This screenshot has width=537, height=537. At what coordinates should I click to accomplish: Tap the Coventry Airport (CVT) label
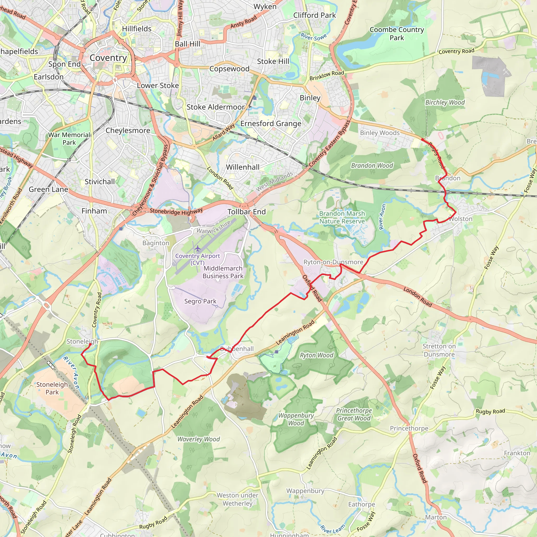click(197, 259)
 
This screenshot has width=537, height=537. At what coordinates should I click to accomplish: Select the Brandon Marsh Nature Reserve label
click(342, 217)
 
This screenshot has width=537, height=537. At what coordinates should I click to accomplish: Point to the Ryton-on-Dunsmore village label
click(333, 262)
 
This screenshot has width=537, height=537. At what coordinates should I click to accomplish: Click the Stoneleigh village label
click(82, 341)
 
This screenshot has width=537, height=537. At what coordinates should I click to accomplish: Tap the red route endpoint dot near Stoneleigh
click(90, 344)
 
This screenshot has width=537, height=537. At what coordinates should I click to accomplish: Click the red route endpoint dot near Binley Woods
click(422, 139)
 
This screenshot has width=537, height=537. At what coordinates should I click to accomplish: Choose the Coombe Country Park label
click(397, 34)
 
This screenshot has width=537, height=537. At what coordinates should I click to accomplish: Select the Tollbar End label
click(246, 212)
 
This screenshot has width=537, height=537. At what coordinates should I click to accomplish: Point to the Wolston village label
click(460, 219)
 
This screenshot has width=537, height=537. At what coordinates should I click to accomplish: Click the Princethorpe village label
click(409, 428)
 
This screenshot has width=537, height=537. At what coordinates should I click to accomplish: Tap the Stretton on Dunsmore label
click(439, 350)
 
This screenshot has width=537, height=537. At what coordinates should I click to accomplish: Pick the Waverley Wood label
click(198, 439)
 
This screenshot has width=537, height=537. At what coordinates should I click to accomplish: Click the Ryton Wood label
click(316, 355)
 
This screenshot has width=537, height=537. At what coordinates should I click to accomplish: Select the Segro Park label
click(200, 301)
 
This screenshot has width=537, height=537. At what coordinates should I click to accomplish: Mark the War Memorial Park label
click(69, 139)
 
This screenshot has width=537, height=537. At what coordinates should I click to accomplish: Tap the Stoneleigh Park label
click(52, 388)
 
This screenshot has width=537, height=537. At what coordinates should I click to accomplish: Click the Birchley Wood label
click(445, 103)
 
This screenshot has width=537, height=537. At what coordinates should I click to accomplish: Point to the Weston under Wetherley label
click(237, 500)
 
